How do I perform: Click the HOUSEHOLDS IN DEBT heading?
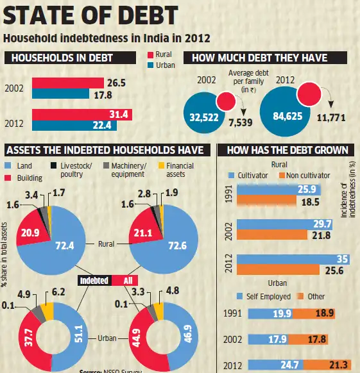[58, 58]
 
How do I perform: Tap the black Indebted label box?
[95, 280]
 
